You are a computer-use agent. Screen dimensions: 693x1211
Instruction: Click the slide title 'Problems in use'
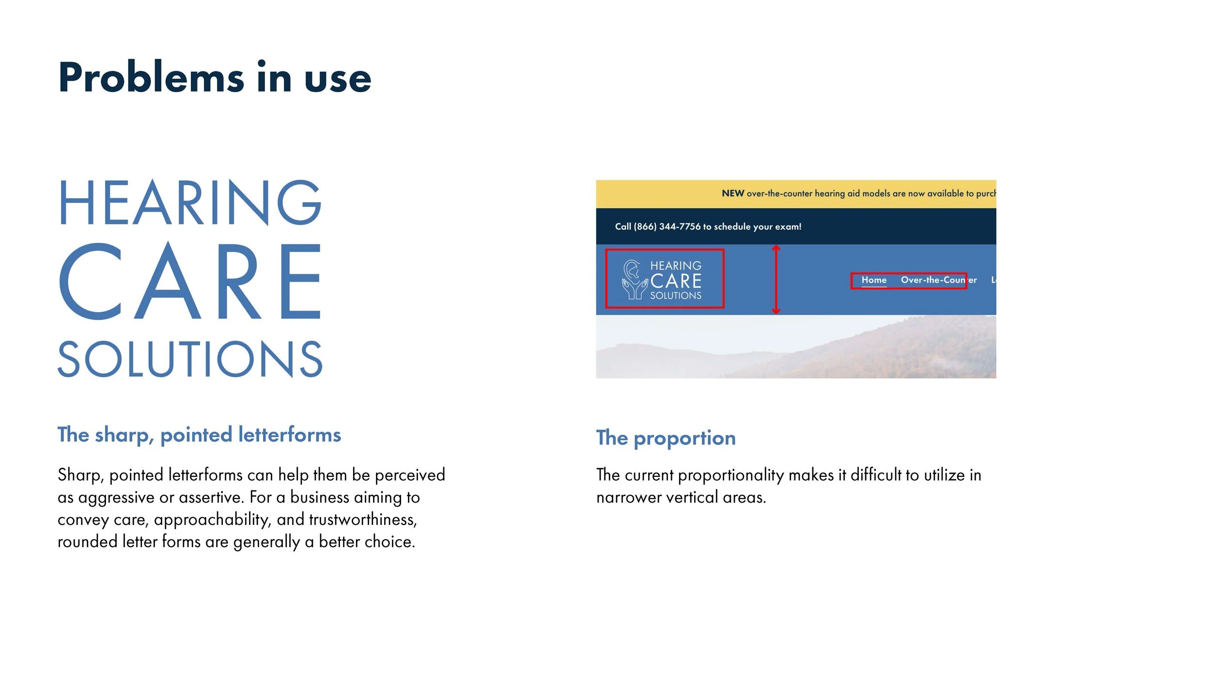(215, 78)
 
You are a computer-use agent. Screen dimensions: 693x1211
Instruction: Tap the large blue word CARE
(190, 281)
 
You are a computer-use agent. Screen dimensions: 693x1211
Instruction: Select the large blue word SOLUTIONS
(190, 359)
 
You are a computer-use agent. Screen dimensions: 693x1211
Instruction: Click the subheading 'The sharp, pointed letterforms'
(199, 435)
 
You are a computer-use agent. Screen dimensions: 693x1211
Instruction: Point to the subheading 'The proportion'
(666, 438)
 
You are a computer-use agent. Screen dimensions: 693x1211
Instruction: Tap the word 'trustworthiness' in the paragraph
(362, 520)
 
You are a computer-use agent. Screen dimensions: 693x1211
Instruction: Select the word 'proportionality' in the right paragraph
(730, 475)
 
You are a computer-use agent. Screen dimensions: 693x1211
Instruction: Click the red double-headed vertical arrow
(776, 280)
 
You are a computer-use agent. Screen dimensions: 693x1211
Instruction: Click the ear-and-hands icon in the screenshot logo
(634, 280)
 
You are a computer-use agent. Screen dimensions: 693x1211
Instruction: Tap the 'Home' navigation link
(873, 280)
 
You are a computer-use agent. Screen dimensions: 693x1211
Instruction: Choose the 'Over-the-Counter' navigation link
(938, 280)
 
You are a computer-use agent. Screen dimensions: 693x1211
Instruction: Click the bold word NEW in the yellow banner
(732, 193)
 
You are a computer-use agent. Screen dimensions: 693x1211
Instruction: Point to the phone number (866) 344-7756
(667, 227)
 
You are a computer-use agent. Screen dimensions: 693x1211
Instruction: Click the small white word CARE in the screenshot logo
(676, 281)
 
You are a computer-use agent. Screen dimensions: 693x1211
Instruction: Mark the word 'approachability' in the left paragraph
(211, 520)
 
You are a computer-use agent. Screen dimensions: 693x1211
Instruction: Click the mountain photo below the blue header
(795, 346)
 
